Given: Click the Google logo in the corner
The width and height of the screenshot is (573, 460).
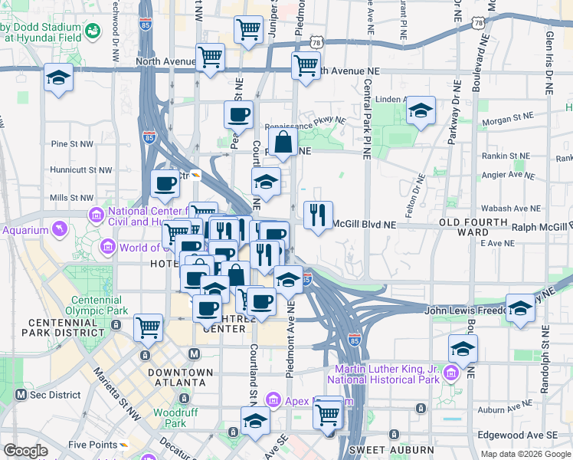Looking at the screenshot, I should (25, 451).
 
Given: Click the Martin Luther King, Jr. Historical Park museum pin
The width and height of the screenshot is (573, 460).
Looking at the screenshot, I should (450, 373).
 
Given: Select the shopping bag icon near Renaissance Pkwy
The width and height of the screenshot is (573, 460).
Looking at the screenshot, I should (283, 141).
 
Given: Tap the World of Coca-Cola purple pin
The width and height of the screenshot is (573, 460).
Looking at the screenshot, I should (108, 247).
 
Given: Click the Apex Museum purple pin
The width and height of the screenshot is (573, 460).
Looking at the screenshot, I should (273, 399).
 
